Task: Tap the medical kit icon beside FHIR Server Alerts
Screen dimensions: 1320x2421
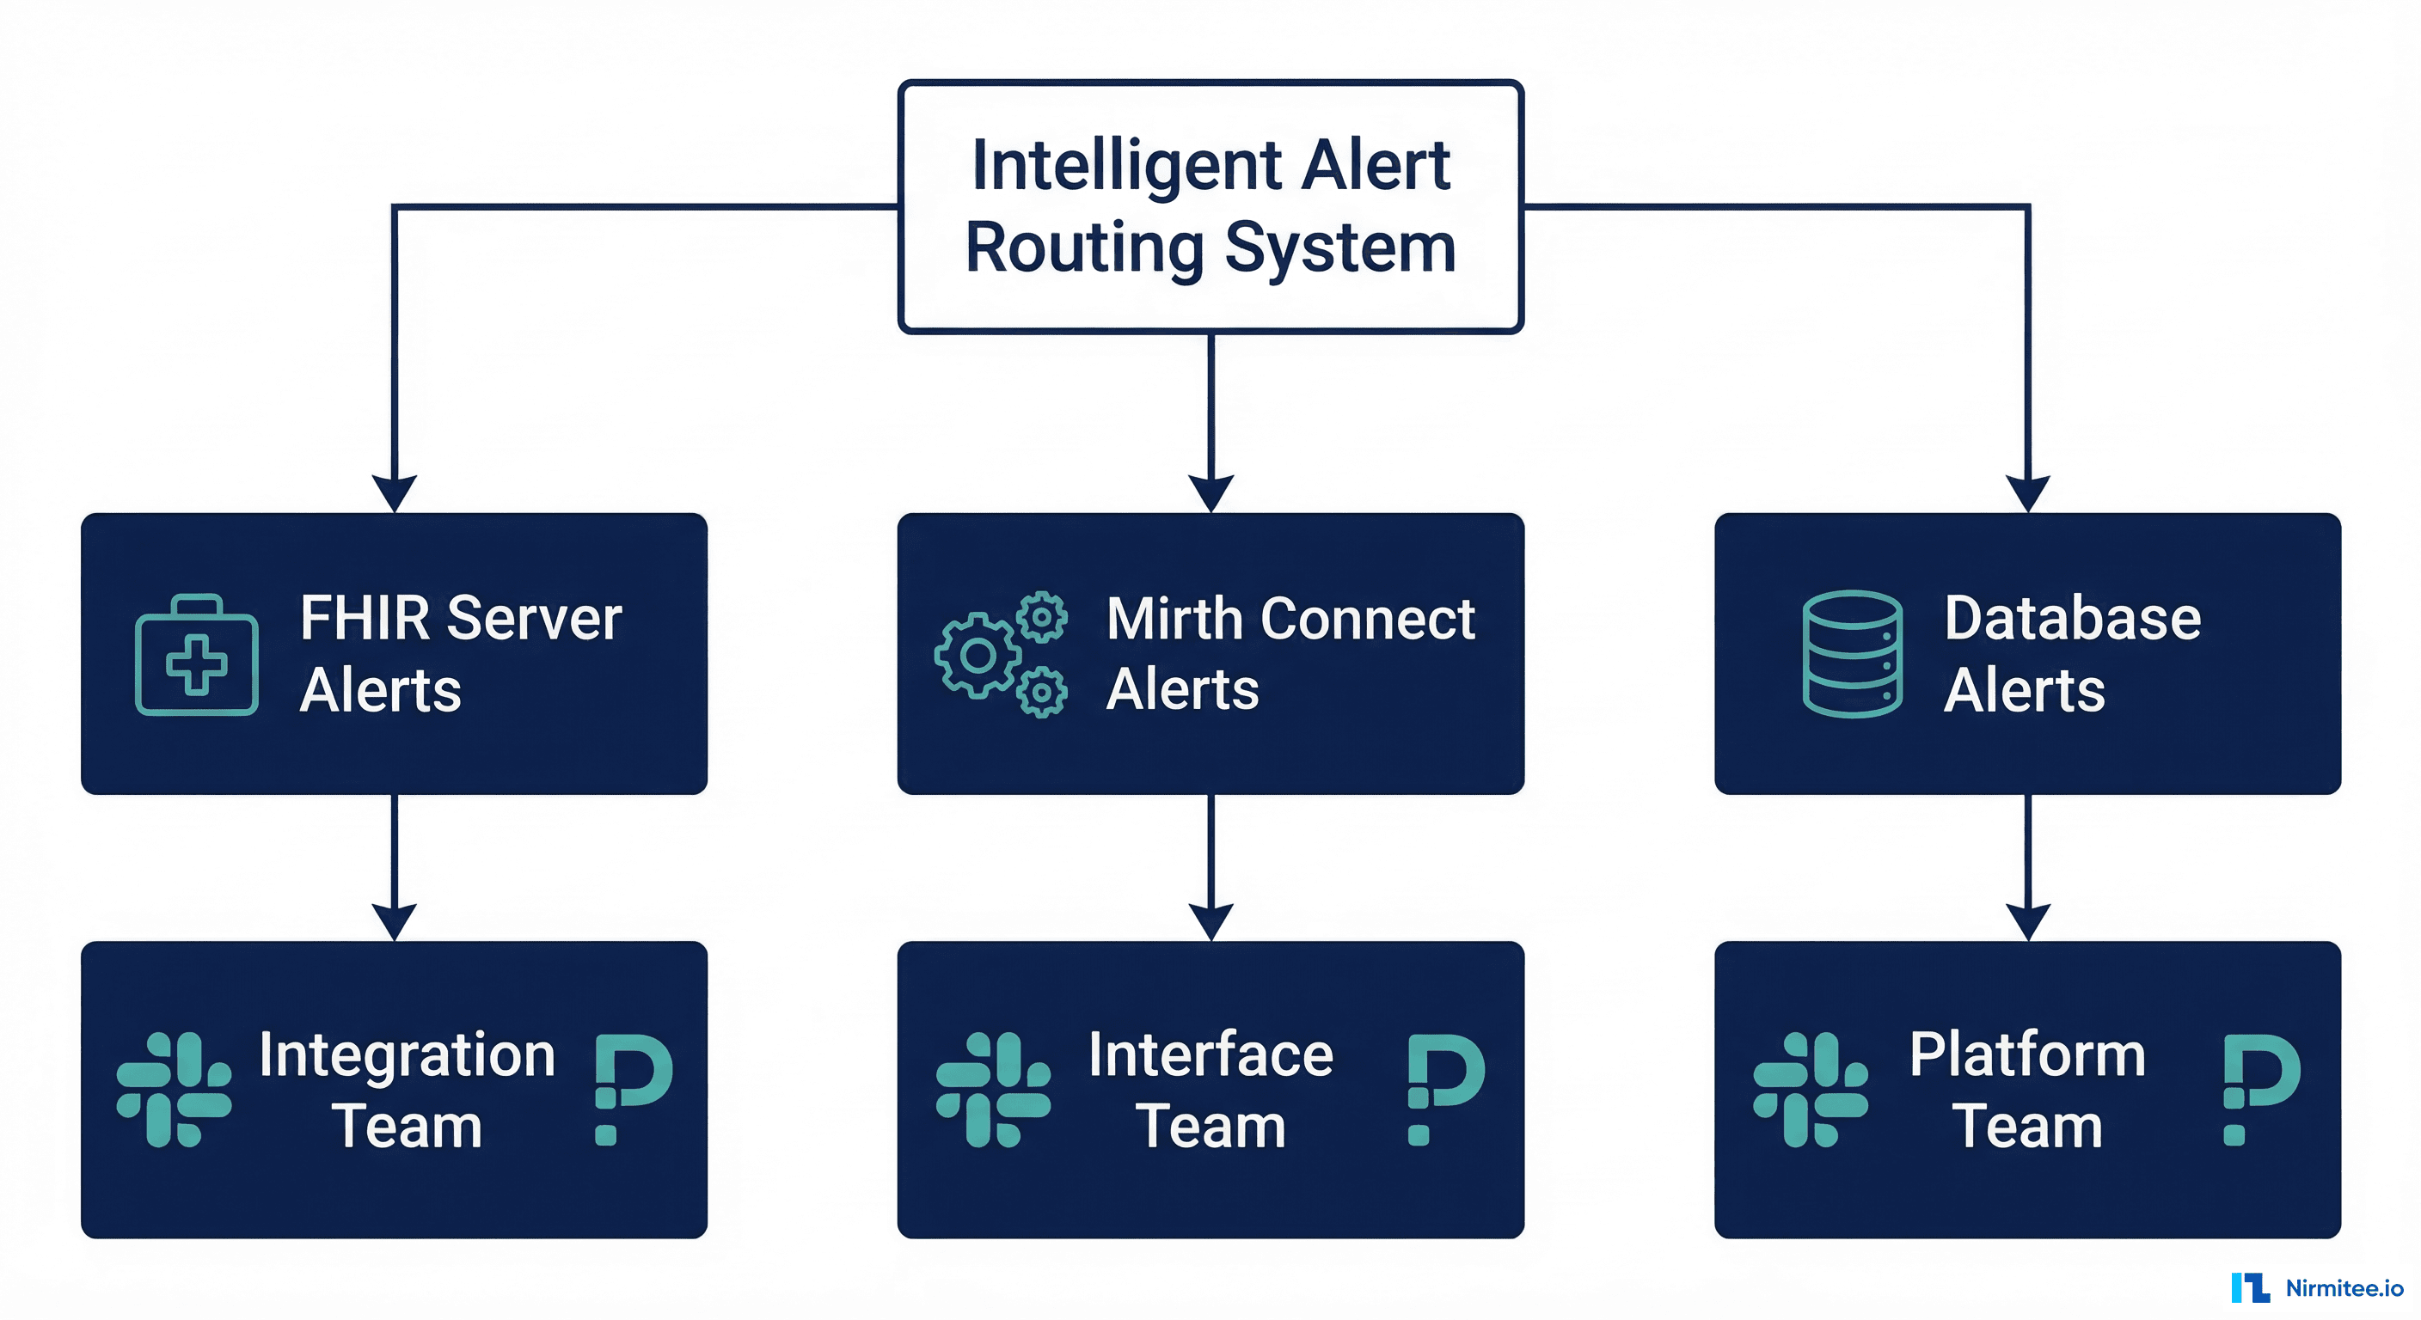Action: pyautogui.click(x=196, y=656)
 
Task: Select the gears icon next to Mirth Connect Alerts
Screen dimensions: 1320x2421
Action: pyautogui.click(x=1000, y=656)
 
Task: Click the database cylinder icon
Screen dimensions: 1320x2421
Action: pyautogui.click(x=1852, y=654)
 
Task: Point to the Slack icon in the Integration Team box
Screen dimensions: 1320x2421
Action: pyautogui.click(x=174, y=1090)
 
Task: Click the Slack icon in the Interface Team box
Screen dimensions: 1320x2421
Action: pyautogui.click(x=992, y=1090)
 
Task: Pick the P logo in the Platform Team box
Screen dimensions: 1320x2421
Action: pyautogui.click(x=2259, y=1088)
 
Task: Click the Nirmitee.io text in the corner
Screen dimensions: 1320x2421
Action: pyautogui.click(x=2344, y=1288)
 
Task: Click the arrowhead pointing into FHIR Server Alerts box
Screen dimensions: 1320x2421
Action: pyautogui.click(x=394, y=492)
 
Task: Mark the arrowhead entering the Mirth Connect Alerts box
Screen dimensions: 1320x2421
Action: pyautogui.click(x=1210, y=492)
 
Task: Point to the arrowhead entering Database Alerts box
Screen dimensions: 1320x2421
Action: pyautogui.click(x=2027, y=492)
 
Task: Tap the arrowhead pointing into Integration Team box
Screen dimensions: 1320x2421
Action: pyautogui.click(x=394, y=921)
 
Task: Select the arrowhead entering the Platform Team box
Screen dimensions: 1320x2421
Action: pyautogui.click(x=2027, y=921)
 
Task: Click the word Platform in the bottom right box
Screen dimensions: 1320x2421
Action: pyautogui.click(x=2027, y=1055)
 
